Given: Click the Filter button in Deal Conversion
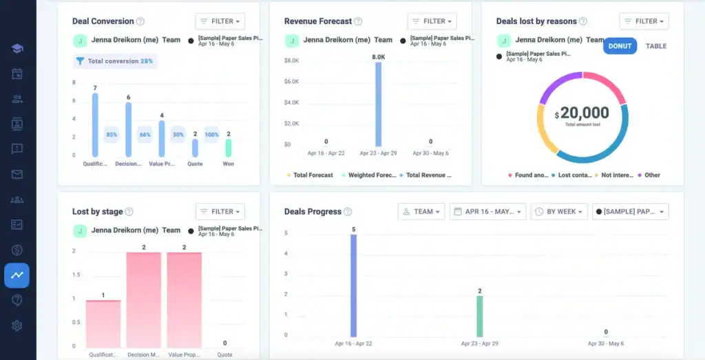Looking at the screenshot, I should click(220, 21).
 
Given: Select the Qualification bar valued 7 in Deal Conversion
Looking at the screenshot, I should click(95, 125).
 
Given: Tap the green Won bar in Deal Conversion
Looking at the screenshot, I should click(229, 147).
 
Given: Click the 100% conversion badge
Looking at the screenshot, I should click(211, 134).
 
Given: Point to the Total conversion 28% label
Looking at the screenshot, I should click(115, 61).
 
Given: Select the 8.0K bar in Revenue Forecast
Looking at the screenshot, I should click(379, 104).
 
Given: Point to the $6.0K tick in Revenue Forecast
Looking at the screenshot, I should click(291, 82).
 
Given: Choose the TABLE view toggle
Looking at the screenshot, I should click(655, 46).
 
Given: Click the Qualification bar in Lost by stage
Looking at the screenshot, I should click(103, 323).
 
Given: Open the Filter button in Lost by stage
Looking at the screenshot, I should click(220, 211).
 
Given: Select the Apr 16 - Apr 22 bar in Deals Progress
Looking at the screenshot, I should click(354, 285).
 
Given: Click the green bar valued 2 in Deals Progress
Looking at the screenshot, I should click(480, 315).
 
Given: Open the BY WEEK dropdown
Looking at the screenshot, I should click(559, 211).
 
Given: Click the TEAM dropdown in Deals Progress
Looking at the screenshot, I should click(421, 211).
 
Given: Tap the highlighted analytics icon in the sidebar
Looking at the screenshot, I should click(17, 275).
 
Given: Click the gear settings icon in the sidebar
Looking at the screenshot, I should click(17, 326).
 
